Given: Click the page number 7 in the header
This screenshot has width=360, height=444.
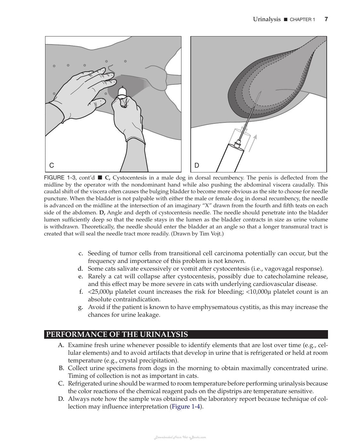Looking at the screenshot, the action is tap(326, 19).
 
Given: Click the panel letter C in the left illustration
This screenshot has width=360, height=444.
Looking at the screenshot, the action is tap(52, 165).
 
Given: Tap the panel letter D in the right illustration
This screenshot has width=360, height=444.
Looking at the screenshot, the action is tap(196, 165).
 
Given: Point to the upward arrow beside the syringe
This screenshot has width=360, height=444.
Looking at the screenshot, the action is tap(252, 143).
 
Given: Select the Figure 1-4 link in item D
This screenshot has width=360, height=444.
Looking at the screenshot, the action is tap(186, 407).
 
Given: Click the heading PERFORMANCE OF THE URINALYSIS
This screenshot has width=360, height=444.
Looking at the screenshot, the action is tap(117, 334).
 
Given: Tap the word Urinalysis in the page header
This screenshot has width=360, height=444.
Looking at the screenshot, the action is tap(267, 20).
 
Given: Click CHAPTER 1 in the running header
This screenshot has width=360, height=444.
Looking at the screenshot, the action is tap(302, 20).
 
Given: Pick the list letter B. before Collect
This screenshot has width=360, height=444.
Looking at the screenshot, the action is tap(61, 368).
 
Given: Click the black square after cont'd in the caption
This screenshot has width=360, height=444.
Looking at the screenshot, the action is tap(100, 178).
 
